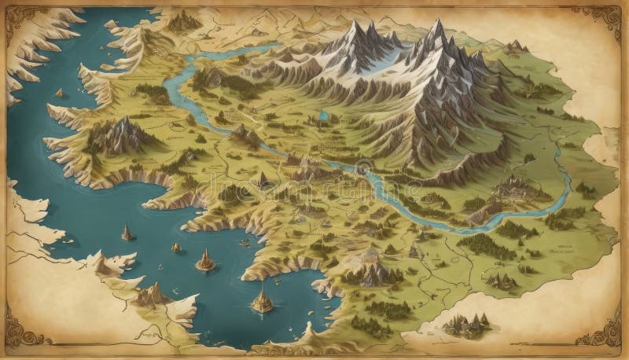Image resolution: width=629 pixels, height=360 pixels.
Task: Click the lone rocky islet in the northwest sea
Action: point(59,93)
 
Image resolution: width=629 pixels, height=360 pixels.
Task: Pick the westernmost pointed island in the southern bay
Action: point(126,233)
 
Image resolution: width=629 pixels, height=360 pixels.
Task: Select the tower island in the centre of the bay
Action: point(205,260)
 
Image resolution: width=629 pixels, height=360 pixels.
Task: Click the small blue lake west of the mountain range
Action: point(324,116)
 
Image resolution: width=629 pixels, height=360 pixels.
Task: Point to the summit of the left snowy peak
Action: point(355,27)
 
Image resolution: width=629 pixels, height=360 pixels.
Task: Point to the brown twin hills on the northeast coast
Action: point(515,47)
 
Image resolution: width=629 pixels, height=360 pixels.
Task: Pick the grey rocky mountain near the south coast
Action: point(370,271)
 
